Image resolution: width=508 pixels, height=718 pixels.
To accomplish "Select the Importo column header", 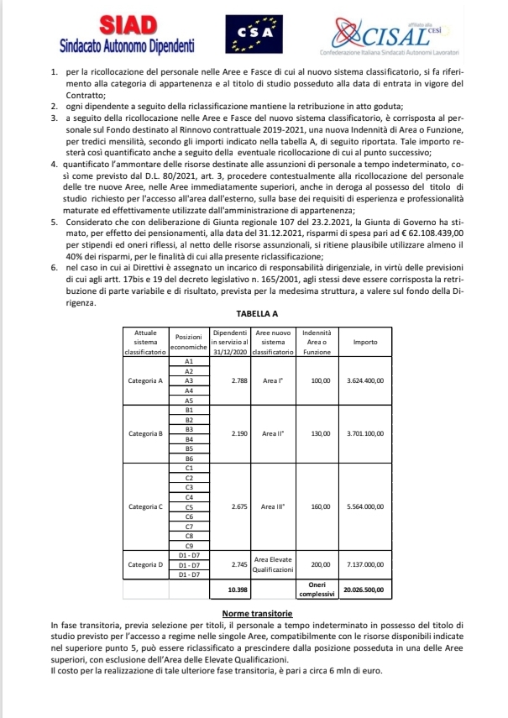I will (x=365, y=343).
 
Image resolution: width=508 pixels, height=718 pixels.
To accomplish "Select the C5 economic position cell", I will (x=189, y=506).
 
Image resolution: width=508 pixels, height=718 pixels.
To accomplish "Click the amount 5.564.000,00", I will (x=365, y=506).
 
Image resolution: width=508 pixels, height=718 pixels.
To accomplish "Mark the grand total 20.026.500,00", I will (x=365, y=590).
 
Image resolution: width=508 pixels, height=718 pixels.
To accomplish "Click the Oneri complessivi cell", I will (x=320, y=590).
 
